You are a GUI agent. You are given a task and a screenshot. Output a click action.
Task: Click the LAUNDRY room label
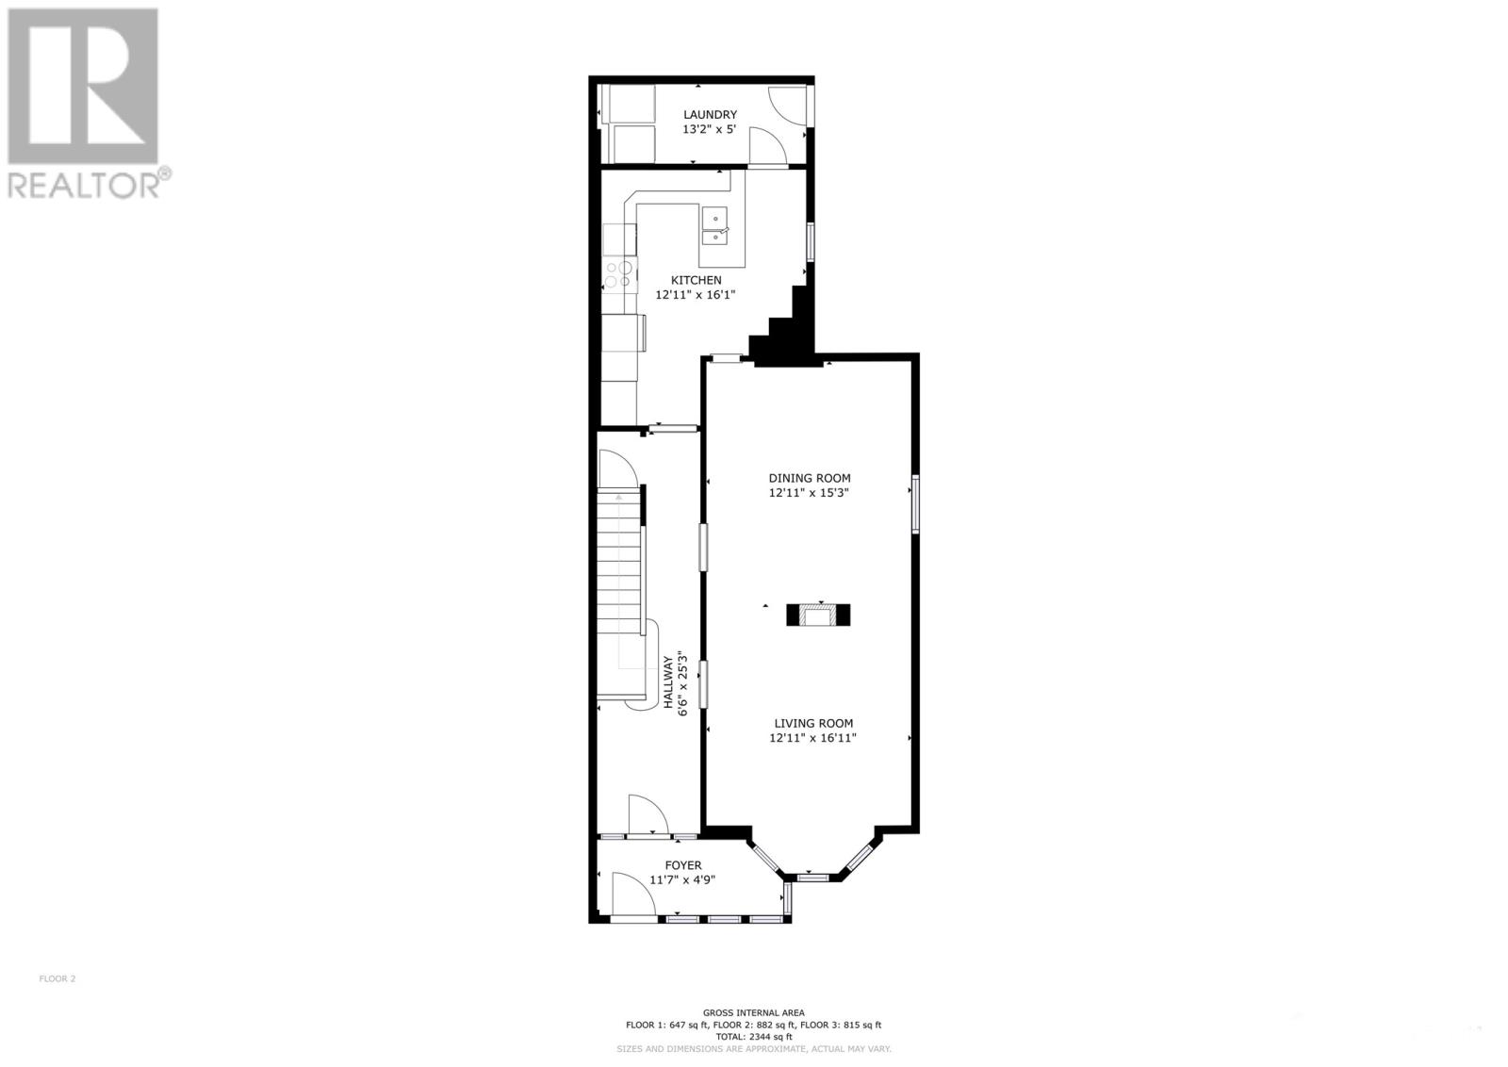[x=710, y=115]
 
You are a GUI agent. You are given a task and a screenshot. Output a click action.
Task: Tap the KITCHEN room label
[x=696, y=280]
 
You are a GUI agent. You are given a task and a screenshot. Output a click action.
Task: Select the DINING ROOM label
[x=809, y=478]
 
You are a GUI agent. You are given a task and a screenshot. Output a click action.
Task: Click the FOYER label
[x=682, y=865]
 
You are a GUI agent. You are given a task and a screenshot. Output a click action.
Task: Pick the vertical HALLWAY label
[x=669, y=682]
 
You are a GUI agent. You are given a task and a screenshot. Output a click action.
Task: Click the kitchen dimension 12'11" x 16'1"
[x=695, y=295]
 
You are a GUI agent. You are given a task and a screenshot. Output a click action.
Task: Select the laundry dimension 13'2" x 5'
[x=709, y=129]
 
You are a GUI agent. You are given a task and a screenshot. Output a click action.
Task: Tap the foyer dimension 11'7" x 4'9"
[x=682, y=880]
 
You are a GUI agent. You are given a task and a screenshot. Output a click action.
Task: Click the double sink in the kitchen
[x=717, y=227]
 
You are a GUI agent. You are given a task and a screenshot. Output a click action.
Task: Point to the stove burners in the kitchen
[x=619, y=273]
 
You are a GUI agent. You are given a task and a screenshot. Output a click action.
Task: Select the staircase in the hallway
[x=619, y=575]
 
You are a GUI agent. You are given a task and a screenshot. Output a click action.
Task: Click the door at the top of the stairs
[x=614, y=469]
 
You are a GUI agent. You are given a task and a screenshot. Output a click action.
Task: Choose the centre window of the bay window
[x=811, y=878]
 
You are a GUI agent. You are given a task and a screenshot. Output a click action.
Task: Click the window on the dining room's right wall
[x=914, y=506]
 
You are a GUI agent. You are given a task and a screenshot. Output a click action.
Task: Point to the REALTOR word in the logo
[x=83, y=184]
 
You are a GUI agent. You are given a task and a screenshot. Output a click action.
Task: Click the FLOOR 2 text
[x=57, y=978]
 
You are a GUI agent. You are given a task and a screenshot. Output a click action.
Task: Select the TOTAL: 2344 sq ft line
[x=753, y=1037]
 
